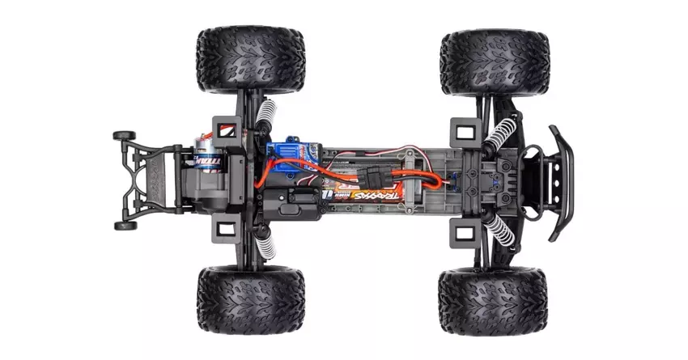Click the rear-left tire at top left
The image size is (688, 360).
(x=249, y=60)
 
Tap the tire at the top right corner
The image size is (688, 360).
(x=495, y=61)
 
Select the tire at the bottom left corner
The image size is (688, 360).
(x=250, y=300)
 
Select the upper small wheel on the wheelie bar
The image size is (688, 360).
(x=123, y=136)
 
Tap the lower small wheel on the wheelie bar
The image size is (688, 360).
(x=125, y=226)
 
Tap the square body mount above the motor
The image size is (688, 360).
(x=224, y=126)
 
